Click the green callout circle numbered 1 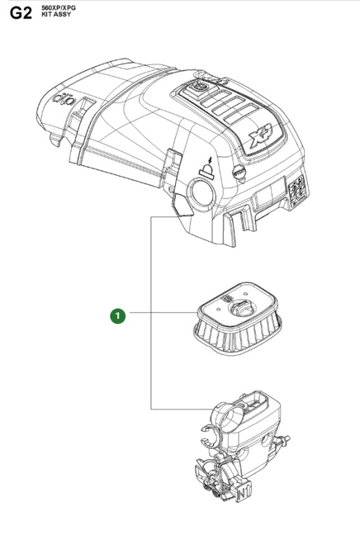click(118, 316)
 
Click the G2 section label click(21, 13)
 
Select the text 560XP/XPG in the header click(58, 8)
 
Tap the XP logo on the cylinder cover click(261, 134)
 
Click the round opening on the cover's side click(202, 192)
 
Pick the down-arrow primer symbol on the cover click(207, 167)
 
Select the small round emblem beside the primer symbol click(238, 173)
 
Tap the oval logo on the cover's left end click(65, 100)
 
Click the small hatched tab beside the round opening click(183, 205)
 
